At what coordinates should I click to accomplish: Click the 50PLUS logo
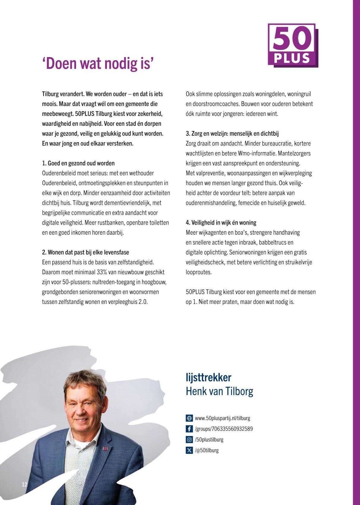coord(293,45)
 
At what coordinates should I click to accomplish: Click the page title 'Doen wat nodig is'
coord(98,64)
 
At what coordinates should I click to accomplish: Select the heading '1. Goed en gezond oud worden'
coord(78,163)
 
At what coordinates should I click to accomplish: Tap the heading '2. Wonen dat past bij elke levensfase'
coord(86,252)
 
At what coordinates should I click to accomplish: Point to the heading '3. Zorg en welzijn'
coord(232,134)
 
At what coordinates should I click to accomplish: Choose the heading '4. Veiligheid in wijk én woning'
coord(221,223)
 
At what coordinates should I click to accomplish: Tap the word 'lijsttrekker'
coord(208,378)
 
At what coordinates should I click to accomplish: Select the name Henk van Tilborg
coord(219,391)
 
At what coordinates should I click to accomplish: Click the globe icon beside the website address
coord(189,418)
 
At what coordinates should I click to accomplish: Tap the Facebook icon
coord(189,429)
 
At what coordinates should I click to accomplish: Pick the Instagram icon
coord(189,440)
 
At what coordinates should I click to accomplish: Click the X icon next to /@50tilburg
coord(189,450)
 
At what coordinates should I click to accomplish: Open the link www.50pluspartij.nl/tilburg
coord(222,418)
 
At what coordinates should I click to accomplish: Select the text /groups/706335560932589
coord(224,429)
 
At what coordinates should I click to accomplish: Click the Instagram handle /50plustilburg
coord(209,440)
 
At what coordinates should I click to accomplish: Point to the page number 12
coord(24,485)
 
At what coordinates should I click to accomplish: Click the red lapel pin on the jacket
coord(105,448)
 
